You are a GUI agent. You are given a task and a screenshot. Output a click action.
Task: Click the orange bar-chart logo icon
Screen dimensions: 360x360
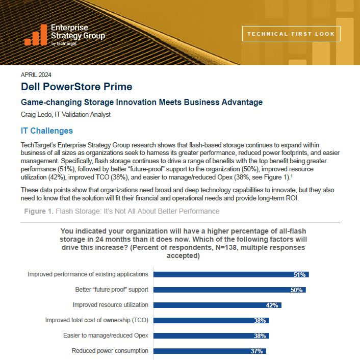coord(36,35)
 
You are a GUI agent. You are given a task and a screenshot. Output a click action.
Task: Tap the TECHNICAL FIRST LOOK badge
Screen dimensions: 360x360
coord(291,34)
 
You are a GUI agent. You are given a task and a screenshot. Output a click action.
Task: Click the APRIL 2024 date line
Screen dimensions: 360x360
coord(36,75)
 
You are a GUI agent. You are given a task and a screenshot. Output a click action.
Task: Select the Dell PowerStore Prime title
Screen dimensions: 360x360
coord(76,87)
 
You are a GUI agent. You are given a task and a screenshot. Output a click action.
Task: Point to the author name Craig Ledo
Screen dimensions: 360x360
coord(36,114)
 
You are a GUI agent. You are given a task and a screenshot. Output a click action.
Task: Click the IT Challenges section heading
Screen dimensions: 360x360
coord(47,131)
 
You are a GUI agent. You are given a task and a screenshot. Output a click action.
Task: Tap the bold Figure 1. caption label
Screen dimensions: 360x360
coord(39,211)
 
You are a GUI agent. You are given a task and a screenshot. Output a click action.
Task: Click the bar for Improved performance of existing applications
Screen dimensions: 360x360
coord(231,275)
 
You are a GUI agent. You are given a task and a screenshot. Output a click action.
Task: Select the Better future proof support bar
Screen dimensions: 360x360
coord(229,290)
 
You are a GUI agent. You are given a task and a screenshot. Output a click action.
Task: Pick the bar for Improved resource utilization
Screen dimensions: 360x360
coord(217,305)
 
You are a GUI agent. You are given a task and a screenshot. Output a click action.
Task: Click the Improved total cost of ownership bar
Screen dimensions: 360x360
coord(211,321)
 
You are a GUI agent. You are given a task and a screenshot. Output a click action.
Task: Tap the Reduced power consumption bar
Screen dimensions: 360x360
coord(210,351)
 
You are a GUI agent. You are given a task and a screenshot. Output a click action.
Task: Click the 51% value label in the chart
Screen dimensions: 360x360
coord(299,275)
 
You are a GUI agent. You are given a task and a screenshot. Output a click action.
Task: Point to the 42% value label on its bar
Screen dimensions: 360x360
coord(272,305)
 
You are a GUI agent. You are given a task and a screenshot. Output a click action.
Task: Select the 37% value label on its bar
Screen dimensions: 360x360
coord(256,351)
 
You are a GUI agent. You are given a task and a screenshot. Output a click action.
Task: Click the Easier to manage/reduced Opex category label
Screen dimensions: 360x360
coord(106,336)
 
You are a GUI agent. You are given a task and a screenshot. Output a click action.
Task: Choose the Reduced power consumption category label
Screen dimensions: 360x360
coord(110,351)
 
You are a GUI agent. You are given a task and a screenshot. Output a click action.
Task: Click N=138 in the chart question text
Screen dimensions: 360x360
coord(226,247)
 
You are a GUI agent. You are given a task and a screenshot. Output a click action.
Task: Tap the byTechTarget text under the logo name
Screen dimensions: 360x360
coord(64,43)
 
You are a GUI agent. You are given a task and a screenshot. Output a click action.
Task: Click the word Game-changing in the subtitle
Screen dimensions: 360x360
coord(51,102)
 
